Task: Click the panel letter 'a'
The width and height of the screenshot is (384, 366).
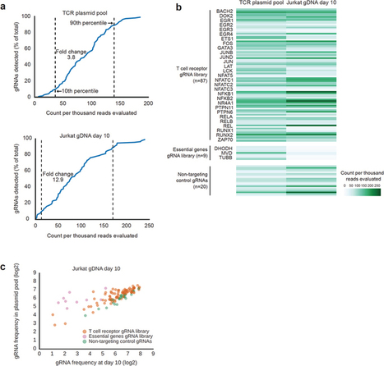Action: [4, 6]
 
